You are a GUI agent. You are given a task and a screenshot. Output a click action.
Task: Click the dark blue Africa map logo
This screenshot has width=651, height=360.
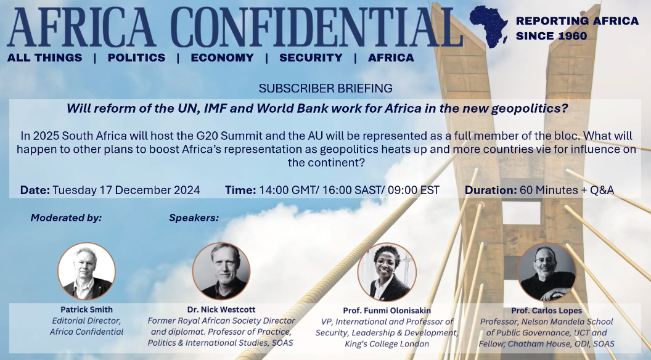(x=489, y=27)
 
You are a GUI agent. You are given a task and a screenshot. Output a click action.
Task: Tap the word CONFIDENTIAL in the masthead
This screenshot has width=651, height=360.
(x=317, y=27)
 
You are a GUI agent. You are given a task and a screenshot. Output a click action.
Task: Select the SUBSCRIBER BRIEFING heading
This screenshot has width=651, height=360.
(x=325, y=88)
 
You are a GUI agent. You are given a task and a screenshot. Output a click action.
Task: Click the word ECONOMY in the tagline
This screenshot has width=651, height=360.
(x=222, y=58)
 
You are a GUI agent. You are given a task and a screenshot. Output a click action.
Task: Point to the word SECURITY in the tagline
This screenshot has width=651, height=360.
(x=311, y=58)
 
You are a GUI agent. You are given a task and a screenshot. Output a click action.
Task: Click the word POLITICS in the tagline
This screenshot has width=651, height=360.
(x=137, y=58)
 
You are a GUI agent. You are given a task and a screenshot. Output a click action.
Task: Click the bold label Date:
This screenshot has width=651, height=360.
(x=35, y=190)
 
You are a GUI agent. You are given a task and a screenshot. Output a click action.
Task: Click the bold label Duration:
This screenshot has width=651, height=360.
(x=491, y=190)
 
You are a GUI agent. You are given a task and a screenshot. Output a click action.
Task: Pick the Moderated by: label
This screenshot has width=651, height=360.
(x=66, y=218)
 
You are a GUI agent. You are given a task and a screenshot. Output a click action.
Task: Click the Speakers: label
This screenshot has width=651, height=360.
(x=194, y=218)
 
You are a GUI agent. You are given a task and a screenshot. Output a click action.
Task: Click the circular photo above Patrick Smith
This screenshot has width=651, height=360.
(x=86, y=271)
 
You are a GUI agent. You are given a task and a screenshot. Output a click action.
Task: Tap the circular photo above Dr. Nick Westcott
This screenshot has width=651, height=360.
(x=221, y=271)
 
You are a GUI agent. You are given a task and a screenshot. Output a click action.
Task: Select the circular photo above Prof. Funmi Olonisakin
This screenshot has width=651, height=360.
(x=387, y=272)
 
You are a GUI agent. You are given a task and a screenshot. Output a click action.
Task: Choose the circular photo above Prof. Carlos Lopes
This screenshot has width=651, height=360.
(x=547, y=272)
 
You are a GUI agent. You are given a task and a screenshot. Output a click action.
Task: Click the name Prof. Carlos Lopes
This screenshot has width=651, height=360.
(x=546, y=311)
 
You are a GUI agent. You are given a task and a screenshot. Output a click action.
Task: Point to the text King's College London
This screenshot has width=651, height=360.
(x=387, y=344)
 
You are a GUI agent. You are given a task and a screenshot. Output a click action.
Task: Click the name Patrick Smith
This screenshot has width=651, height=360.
(x=86, y=309)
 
